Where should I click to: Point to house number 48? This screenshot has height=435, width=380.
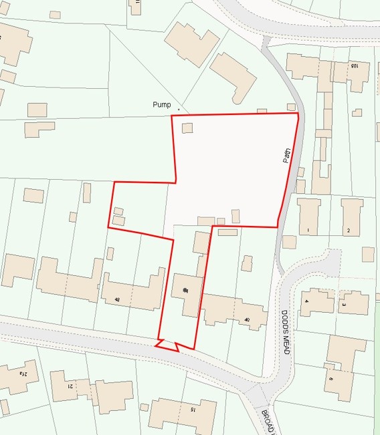pos(118,299)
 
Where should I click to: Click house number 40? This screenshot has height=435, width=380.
pos(247,321)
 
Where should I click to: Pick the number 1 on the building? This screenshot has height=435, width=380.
pos(308,231)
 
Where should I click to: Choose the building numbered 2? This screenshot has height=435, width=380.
pos(348,231)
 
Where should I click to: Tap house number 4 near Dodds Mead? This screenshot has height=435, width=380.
pos(306,301)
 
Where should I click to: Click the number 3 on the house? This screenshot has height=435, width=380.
pos(344,305)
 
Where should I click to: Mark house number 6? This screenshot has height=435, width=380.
pos(330,378)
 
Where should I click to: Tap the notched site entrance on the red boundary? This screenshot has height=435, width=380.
pos(166,344)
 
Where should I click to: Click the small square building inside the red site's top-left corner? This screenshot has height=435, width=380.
pos(187,128)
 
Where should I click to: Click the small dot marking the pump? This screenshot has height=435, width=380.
pos(179,108)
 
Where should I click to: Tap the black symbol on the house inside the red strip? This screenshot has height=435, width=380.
pos(185,289)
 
